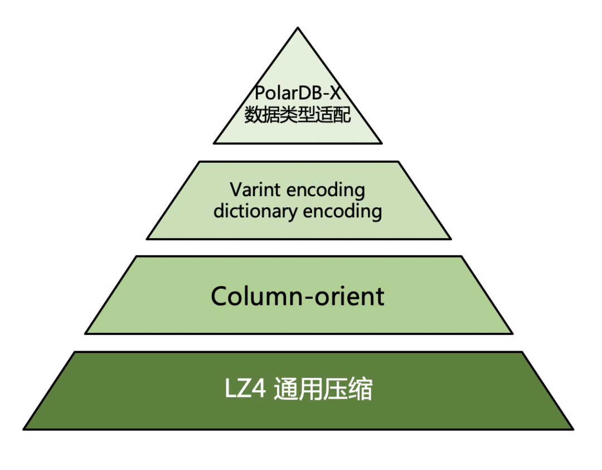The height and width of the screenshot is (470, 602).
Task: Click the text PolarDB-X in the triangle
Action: click(298, 93)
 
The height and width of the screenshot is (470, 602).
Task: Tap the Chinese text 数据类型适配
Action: click(298, 115)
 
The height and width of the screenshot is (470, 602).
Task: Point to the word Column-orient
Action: click(298, 296)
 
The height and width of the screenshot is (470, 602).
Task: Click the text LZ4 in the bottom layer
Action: click(245, 390)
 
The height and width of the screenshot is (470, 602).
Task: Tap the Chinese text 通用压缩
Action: click(323, 390)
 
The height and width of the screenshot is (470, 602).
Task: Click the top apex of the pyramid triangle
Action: click(298, 28)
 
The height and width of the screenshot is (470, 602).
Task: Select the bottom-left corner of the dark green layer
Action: click(24, 429)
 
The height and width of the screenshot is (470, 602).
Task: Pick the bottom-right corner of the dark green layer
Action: click(572, 429)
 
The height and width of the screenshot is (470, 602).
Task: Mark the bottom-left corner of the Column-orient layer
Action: click(85, 333)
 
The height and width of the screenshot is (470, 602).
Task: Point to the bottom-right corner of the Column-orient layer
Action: click(512, 333)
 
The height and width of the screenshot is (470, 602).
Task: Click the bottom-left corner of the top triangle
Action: click(214, 143)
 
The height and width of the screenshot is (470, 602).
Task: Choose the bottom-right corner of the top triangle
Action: click(382, 143)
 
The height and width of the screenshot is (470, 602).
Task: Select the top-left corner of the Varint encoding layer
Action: click(199, 162)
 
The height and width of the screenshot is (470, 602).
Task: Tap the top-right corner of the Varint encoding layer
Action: click(399, 162)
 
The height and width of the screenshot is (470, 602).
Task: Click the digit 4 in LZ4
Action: click(260, 390)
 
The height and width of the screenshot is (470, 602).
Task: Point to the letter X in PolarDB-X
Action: click(333, 93)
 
